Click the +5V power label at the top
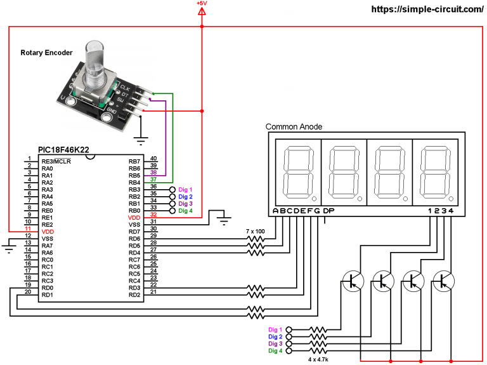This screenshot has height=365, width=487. (202, 4)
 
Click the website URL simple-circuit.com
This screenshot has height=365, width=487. (426, 10)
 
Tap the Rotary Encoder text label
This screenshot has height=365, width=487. (46, 53)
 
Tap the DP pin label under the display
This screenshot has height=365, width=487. (328, 211)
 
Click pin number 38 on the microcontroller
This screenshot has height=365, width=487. (153, 173)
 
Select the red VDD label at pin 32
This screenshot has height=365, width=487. (134, 217)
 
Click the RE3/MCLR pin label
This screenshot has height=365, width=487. (56, 162)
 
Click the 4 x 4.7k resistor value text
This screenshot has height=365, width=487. (318, 359)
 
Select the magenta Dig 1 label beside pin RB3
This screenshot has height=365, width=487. (185, 190)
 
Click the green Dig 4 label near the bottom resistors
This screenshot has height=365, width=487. (275, 350)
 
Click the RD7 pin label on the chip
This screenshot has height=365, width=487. (134, 231)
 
